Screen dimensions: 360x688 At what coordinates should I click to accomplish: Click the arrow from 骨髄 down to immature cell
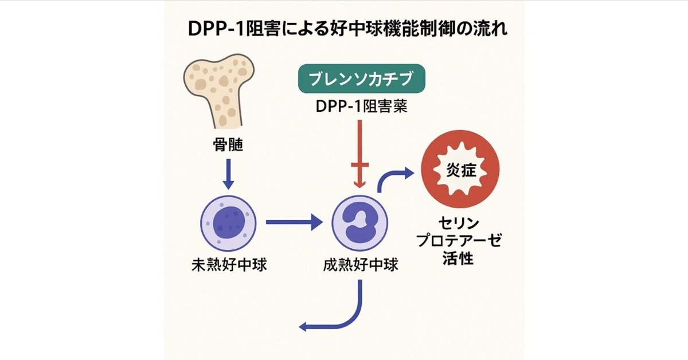(228, 174)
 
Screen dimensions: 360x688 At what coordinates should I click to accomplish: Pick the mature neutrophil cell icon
(360, 224)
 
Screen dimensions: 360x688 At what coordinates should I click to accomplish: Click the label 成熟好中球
(360, 266)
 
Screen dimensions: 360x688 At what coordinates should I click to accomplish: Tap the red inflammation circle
(460, 171)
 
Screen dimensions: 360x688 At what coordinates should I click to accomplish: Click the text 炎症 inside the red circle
(460, 171)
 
